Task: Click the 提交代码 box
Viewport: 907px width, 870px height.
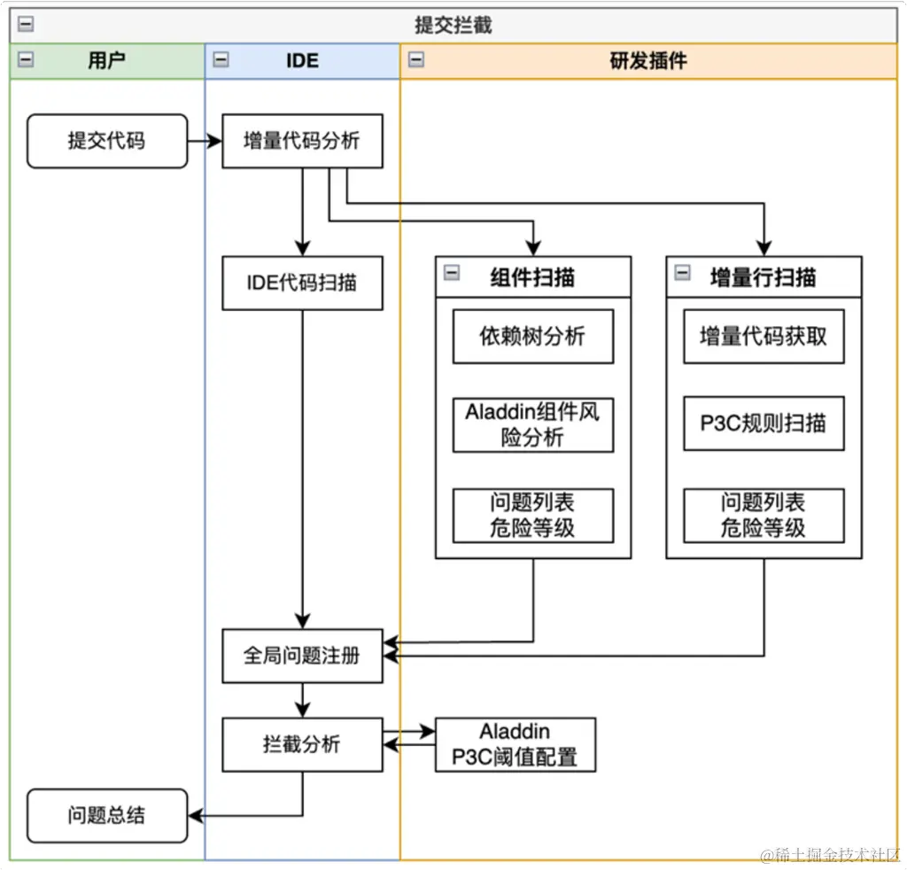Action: [x=107, y=141]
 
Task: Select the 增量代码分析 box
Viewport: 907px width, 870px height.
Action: [x=302, y=141]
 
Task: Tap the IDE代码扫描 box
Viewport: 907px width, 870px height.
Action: [x=302, y=284]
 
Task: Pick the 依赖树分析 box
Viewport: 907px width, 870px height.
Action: [x=532, y=337]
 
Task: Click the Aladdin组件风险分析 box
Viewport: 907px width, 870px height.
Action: [x=532, y=424]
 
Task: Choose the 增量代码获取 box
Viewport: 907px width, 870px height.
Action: [x=764, y=337]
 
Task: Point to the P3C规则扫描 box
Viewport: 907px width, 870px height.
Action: [x=764, y=423]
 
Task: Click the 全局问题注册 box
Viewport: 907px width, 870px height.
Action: [x=302, y=656]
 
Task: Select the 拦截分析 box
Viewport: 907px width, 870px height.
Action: [x=302, y=744]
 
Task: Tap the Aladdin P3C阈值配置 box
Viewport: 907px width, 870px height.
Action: [x=515, y=744]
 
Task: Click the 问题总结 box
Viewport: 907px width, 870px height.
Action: [x=107, y=815]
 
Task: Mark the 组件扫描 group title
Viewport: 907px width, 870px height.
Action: [x=532, y=277]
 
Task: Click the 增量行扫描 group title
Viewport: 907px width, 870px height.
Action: [x=764, y=277]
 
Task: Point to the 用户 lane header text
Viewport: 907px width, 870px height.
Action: [x=107, y=61]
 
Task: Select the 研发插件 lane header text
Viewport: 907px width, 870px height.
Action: [x=648, y=61]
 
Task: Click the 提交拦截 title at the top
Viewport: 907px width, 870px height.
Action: [x=453, y=26]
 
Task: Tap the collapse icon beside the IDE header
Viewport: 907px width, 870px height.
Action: [x=221, y=60]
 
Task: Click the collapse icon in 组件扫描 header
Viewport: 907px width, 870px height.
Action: [x=452, y=273]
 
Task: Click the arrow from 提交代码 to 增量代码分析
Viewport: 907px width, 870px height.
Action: [x=205, y=141]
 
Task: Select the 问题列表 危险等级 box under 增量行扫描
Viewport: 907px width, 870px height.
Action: [x=764, y=516]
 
